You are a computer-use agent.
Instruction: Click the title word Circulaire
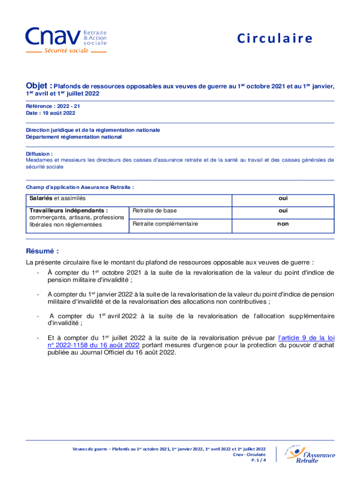(274, 39)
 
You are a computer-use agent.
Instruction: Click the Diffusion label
(39, 153)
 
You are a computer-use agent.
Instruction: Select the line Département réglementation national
(73, 137)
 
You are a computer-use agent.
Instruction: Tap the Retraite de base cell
(155, 211)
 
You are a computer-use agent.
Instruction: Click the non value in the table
(283, 224)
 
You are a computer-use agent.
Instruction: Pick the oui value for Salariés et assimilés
(283, 199)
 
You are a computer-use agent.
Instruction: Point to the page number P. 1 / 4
(258, 460)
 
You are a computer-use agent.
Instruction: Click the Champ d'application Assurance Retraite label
(80, 187)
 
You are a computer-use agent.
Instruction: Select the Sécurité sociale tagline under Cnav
(66, 51)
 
